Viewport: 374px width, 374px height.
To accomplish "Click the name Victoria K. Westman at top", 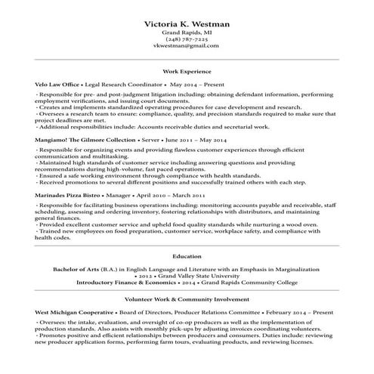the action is click(x=187, y=24).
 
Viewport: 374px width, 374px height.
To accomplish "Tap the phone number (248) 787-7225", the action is click(x=187, y=39).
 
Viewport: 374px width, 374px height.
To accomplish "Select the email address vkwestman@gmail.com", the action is click(x=187, y=46).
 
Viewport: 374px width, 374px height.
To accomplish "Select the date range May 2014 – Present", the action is click(x=197, y=85).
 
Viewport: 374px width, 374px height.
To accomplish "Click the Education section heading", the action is click(x=187, y=257).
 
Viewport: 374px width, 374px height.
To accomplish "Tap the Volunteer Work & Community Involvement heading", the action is click(x=187, y=299).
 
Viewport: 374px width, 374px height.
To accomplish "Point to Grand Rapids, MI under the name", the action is click(x=187, y=33).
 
